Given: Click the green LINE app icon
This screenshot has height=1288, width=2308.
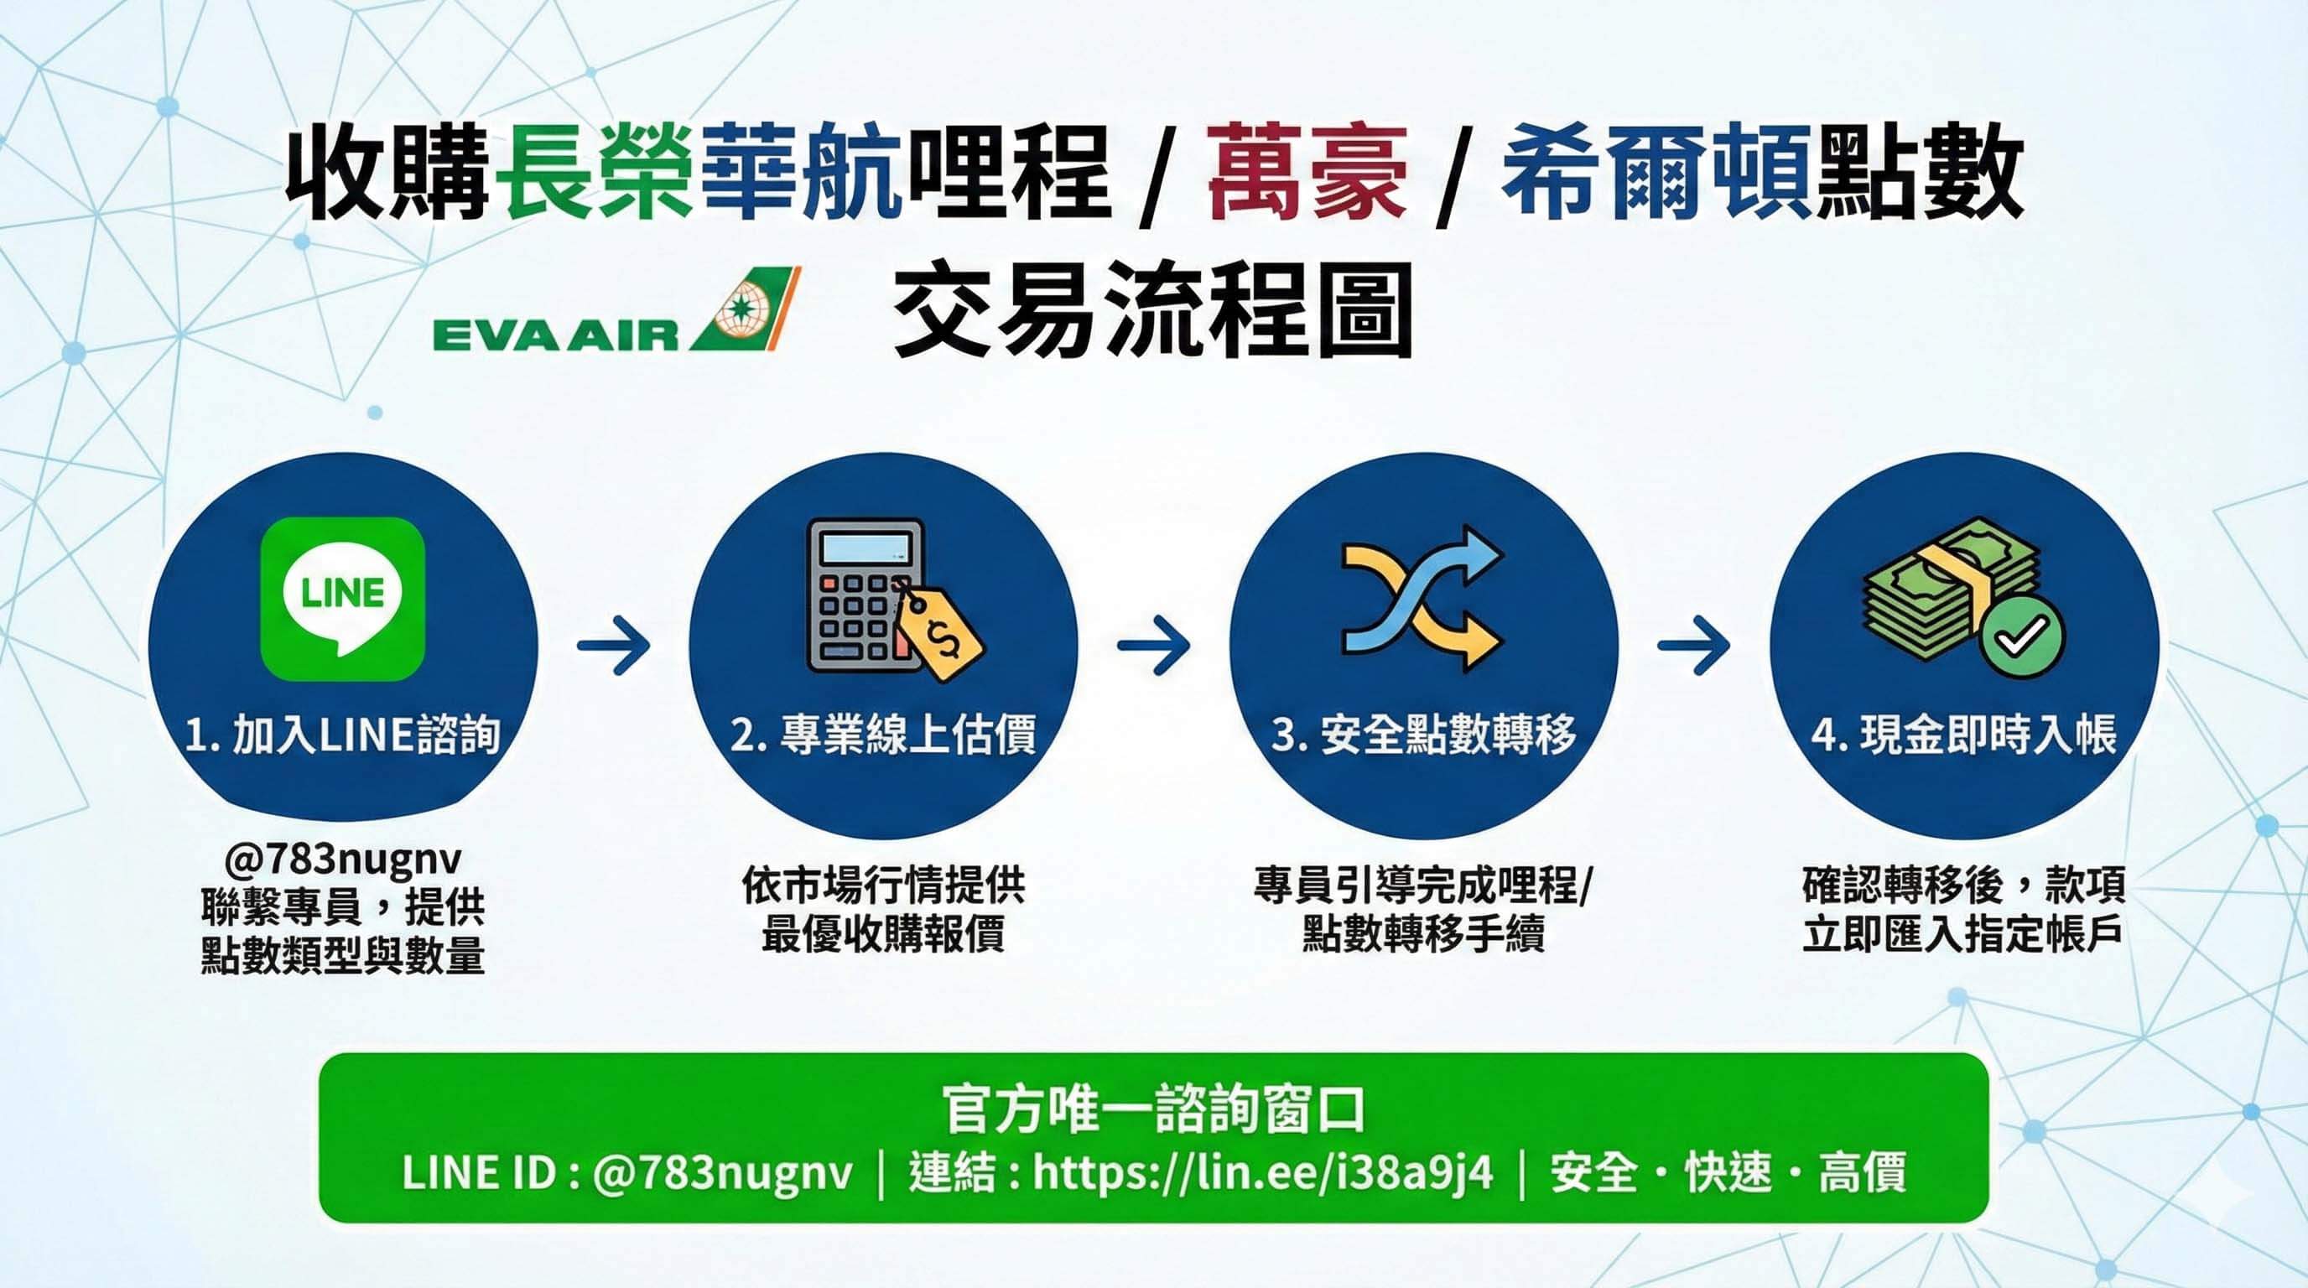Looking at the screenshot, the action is click(x=342, y=599).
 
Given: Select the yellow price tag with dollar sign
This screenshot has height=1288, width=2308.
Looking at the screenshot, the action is click(x=936, y=633).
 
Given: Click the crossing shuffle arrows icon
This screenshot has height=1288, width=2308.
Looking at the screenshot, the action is click(x=1422, y=597).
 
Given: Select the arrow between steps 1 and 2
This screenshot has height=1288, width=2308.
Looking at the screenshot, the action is click(x=614, y=643).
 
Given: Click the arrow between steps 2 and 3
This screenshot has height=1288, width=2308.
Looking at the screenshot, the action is click(x=1154, y=643).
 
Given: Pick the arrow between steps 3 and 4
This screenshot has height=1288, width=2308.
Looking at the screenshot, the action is click(x=1693, y=643).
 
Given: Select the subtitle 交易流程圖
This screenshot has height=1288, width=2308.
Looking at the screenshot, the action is click(x=1153, y=309).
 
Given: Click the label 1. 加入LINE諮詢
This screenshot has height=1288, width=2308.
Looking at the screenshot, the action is click(x=342, y=735).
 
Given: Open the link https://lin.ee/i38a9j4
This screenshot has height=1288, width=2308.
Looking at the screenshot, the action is click(x=1263, y=1171).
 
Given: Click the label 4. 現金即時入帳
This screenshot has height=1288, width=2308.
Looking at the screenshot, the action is click(x=1964, y=735).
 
